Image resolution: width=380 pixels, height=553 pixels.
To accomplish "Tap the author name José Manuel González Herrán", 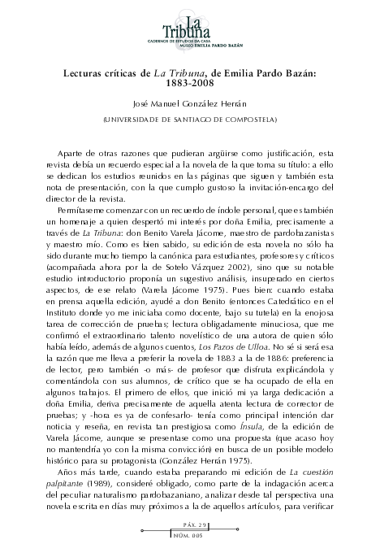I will tap(190, 104).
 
